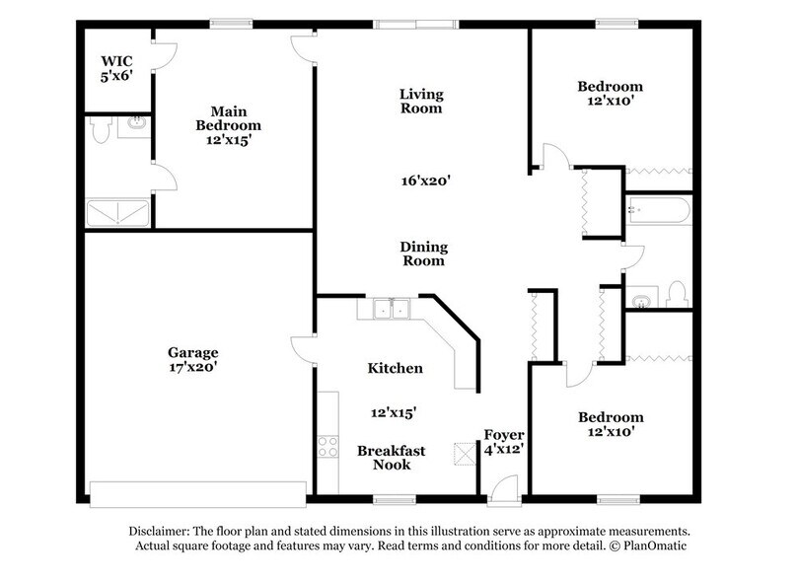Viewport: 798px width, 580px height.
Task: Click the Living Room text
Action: pyautogui.click(x=421, y=102)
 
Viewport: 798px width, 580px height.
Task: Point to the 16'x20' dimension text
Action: pyautogui.click(x=425, y=181)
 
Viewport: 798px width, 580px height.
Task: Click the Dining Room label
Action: pyautogui.click(x=422, y=254)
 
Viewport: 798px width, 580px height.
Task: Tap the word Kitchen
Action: pyautogui.click(x=395, y=368)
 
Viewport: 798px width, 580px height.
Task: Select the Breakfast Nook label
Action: pyautogui.click(x=392, y=458)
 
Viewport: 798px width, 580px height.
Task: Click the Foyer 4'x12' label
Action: pyautogui.click(x=503, y=442)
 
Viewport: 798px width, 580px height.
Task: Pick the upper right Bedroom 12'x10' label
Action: pyautogui.click(x=610, y=94)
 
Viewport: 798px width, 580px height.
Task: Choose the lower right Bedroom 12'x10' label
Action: pyautogui.click(x=610, y=424)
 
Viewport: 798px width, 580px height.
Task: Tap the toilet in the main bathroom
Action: pyautogui.click(x=99, y=130)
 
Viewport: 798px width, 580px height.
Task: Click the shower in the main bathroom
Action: pyautogui.click(x=117, y=212)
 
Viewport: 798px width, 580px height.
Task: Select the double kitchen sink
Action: pyautogui.click(x=392, y=309)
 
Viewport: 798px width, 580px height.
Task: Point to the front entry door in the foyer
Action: pyautogui.click(x=503, y=487)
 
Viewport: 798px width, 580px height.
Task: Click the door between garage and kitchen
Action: pyautogui.click(x=302, y=351)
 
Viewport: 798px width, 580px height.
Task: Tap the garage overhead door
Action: pyautogui.click(x=197, y=491)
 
